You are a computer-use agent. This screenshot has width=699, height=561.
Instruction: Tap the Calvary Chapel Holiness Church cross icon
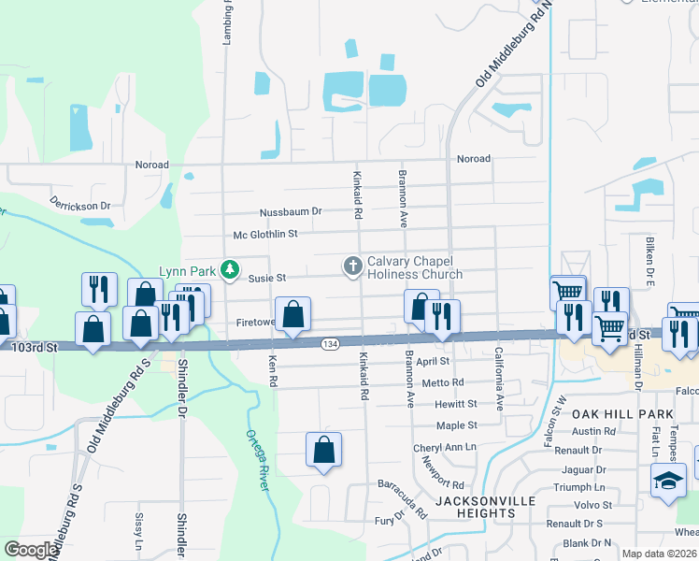(x=353, y=267)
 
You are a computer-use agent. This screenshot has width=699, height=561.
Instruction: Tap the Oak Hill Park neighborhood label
(x=622, y=413)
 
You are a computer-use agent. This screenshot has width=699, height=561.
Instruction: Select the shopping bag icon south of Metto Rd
(x=323, y=450)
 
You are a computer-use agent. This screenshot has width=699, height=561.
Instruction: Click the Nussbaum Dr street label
(x=291, y=211)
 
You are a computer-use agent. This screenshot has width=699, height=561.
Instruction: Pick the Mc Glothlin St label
(x=265, y=234)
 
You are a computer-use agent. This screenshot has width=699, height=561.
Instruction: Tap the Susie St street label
(x=267, y=278)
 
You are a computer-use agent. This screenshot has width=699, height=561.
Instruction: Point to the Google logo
(x=31, y=550)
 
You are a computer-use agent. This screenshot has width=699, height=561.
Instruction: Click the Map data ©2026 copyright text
(x=658, y=554)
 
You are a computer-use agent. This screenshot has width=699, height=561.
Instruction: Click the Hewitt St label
(x=455, y=404)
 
